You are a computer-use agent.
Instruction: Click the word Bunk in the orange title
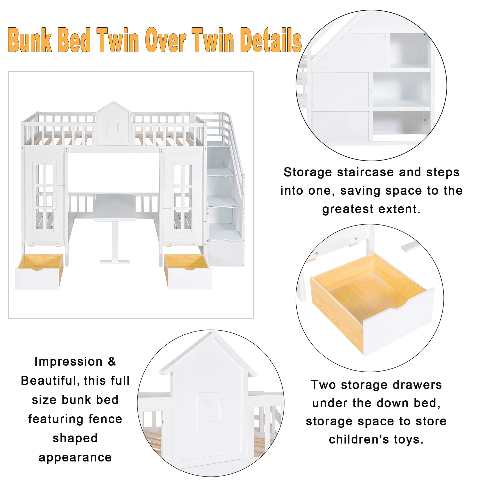[30, 40]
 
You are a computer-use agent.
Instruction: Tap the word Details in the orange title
[271, 40]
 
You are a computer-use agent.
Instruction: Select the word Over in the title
[165, 40]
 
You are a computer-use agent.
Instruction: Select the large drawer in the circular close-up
[372, 306]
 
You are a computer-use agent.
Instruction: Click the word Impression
[68, 362]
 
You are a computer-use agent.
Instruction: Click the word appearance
[75, 457]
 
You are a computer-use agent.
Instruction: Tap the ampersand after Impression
[112, 362]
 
